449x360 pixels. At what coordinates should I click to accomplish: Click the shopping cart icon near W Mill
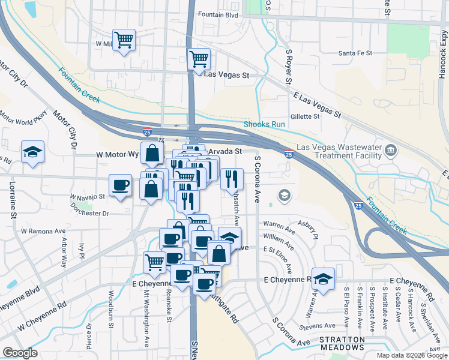[x=124, y=41]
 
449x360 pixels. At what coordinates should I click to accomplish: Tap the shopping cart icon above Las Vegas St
[x=198, y=59]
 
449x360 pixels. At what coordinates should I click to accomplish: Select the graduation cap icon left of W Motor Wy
[x=32, y=152]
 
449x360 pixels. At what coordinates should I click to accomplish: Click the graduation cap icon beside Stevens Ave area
[x=323, y=278]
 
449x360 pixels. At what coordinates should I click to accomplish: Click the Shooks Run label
[x=264, y=125]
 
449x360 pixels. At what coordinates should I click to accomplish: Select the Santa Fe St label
[x=355, y=53]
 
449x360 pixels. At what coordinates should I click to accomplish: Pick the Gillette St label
[x=305, y=116]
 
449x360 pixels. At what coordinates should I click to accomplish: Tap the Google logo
[x=20, y=353]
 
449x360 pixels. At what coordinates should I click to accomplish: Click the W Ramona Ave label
[x=43, y=230]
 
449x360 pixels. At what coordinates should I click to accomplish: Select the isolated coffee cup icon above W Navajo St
[x=120, y=185]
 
